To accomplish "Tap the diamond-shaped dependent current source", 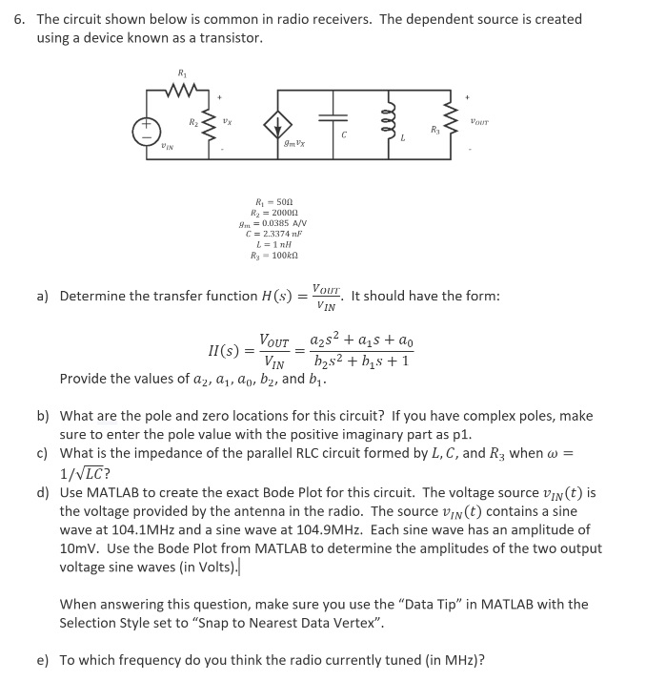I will click(x=277, y=125).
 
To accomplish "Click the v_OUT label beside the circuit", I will click(x=478, y=121).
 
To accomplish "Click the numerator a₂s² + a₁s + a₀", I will click(x=363, y=342).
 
